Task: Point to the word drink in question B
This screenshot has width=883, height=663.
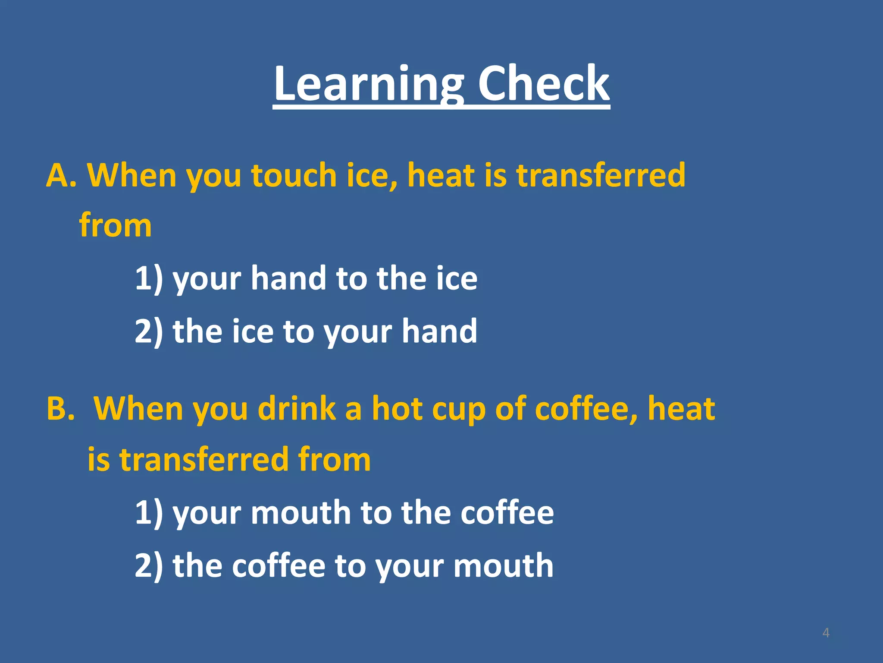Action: tap(297, 408)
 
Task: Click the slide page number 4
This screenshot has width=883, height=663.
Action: tap(826, 633)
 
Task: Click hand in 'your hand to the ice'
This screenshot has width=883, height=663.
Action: tap(288, 278)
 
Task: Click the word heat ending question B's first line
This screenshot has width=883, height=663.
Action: tap(681, 408)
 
